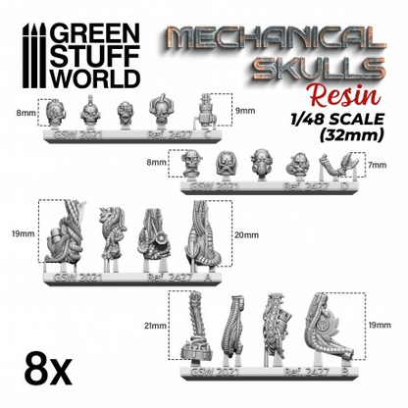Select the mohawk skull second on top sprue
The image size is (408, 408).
pos(87,111)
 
